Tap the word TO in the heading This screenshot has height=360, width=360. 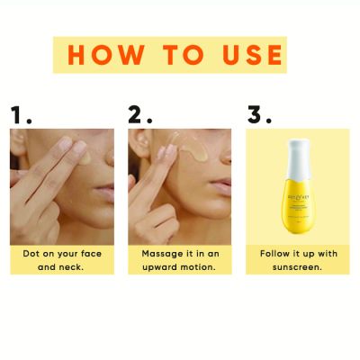pyautogui.click(x=181, y=55)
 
